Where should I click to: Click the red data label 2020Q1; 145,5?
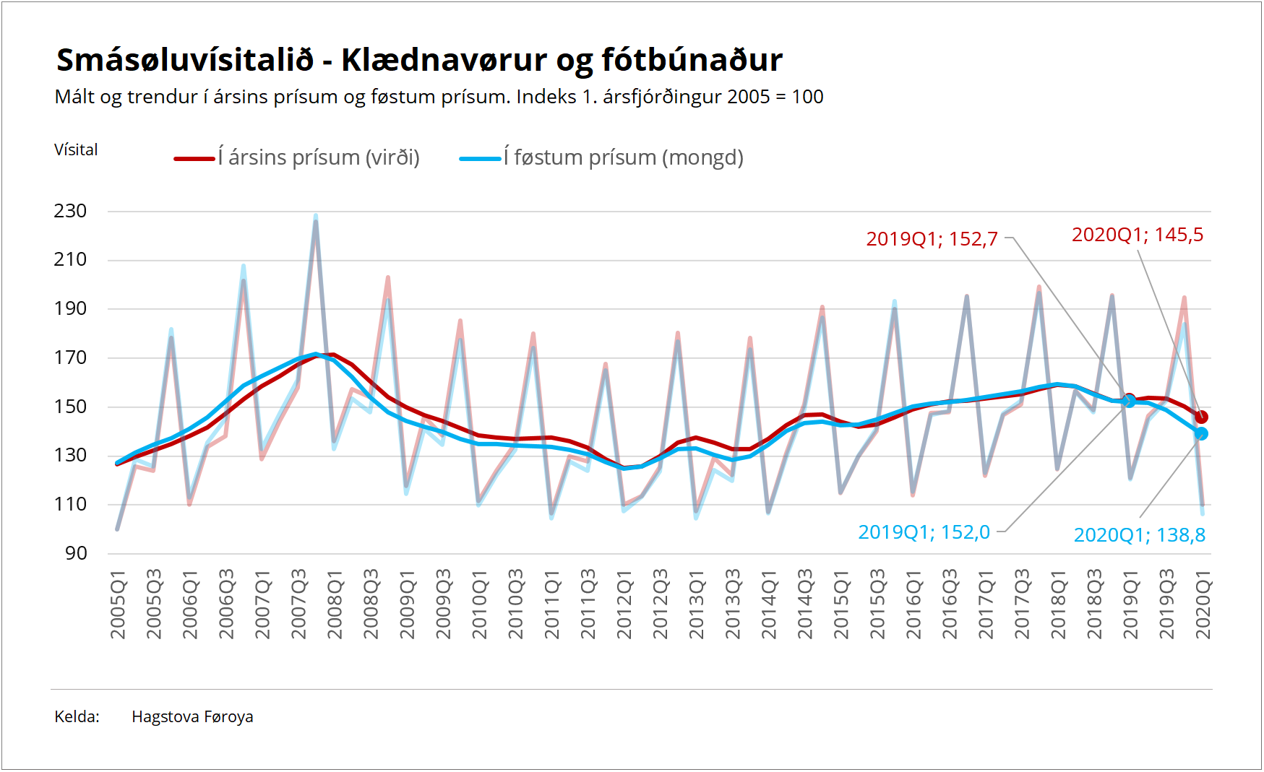(x=1137, y=235)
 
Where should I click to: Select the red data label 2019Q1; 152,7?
(x=932, y=239)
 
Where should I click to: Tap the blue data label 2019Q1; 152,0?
(x=924, y=532)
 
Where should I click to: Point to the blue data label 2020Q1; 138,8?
(x=1139, y=535)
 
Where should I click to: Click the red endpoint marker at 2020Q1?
(x=1201, y=417)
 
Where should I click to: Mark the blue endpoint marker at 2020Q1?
(x=1201, y=433)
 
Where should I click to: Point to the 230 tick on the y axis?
(x=70, y=211)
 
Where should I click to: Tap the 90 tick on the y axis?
(x=76, y=553)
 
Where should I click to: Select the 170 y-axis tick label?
(x=70, y=357)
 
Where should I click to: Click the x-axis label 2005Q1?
(x=118, y=604)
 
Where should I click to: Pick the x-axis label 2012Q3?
(x=660, y=604)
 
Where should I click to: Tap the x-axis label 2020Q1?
(x=1203, y=604)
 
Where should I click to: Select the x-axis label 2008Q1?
(x=335, y=604)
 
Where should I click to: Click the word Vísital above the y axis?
(x=76, y=149)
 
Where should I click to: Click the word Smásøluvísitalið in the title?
(x=185, y=60)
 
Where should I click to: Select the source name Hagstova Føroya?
(x=192, y=716)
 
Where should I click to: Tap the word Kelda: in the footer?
(x=77, y=716)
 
